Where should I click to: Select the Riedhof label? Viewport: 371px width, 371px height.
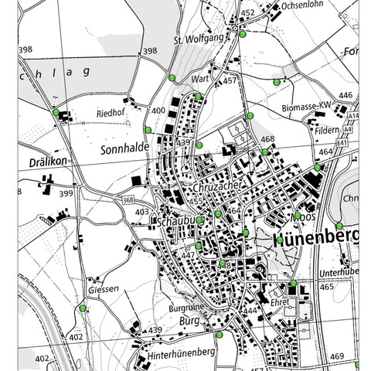pos(111,113)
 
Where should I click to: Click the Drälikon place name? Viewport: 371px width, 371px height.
pos(46,161)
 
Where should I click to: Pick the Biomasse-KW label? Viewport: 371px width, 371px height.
pos(306,107)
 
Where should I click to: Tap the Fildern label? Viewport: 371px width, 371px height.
pos(327,131)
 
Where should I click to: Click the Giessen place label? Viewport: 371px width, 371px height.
pos(103,289)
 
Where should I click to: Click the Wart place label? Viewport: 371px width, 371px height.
pos(203,79)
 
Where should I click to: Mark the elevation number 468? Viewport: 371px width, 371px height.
pos(267,140)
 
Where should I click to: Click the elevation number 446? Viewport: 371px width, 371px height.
pos(345,95)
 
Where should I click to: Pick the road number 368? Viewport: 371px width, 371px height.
pos(128,200)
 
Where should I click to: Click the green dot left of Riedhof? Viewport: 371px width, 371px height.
pos(56,112)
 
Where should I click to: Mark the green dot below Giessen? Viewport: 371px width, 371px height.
pos(83,308)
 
